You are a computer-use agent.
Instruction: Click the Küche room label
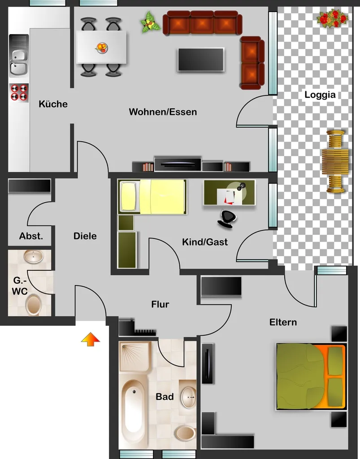[x=53, y=104]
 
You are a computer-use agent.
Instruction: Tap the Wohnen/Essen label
[x=163, y=112]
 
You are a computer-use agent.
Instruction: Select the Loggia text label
[x=320, y=95]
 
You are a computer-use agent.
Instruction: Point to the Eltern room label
[x=283, y=322]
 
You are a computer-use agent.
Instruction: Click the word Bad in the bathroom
[x=165, y=397]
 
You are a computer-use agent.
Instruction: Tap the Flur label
[x=160, y=304]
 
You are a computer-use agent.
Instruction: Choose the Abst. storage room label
[x=31, y=236]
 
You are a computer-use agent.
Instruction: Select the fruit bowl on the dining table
[x=102, y=48]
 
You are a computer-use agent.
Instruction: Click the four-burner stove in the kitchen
[x=19, y=92]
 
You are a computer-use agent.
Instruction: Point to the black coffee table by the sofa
[x=201, y=60]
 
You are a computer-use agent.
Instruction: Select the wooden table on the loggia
[x=335, y=161]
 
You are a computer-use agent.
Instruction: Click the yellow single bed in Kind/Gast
[x=152, y=196]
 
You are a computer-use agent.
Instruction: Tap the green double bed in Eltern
[x=311, y=377]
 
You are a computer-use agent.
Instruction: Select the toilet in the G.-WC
[x=33, y=305]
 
